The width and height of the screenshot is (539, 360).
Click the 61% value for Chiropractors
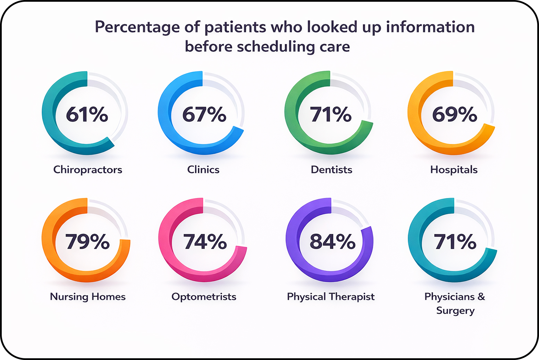pyautogui.click(x=87, y=114)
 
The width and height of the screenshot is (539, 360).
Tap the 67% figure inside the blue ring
pyautogui.click(x=204, y=114)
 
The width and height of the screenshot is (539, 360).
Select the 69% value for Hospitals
pyautogui.click(x=454, y=114)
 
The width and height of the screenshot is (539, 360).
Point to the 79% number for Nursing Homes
pyautogui.click(x=87, y=241)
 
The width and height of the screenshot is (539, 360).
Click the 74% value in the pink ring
pyautogui.click(x=205, y=241)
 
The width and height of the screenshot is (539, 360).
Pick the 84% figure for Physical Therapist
pyautogui.click(x=332, y=241)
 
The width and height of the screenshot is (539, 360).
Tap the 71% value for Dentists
pyautogui.click(x=330, y=114)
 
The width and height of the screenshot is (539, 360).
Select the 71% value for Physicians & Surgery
pyautogui.click(x=455, y=241)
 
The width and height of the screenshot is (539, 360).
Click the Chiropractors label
pyautogui.click(x=88, y=170)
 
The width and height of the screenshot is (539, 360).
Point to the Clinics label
pyautogui.click(x=203, y=170)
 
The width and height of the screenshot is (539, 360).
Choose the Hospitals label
pyautogui.click(x=454, y=170)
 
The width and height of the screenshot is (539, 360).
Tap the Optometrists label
pyautogui.click(x=204, y=297)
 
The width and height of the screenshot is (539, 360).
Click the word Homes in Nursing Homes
pyautogui.click(x=108, y=297)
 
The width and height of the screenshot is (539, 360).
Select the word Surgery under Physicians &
pyautogui.click(x=455, y=310)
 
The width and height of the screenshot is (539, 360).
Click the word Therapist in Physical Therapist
pyautogui.click(x=352, y=297)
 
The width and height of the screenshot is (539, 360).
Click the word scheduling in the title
pyautogui.click(x=276, y=47)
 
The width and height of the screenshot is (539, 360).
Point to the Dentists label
pyautogui.click(x=331, y=170)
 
